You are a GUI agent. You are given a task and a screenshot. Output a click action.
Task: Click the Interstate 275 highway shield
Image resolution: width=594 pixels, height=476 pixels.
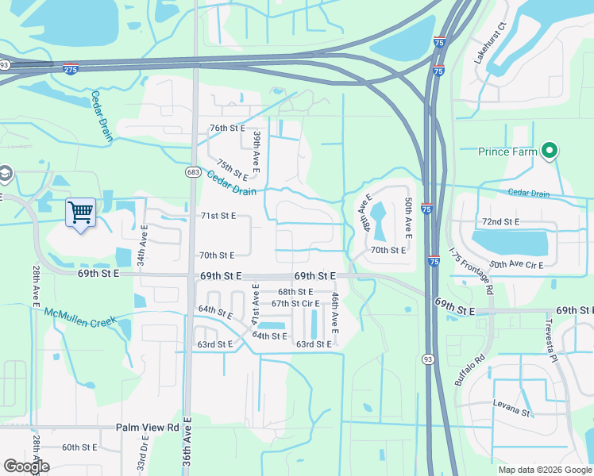(71, 69)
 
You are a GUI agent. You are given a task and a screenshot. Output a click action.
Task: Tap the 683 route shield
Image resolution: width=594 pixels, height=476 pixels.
(192, 172)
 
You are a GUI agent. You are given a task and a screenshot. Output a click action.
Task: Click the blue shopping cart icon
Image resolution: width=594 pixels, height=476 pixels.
(80, 213)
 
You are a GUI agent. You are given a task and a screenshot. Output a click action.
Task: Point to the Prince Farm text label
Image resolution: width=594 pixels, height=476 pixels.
(508, 152)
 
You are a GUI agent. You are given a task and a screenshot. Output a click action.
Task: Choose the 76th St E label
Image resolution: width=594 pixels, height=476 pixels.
(227, 128)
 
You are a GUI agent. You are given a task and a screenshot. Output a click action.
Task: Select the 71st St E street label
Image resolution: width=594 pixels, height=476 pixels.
(217, 215)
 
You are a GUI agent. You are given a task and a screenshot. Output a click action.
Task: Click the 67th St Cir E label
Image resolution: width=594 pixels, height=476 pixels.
(295, 303)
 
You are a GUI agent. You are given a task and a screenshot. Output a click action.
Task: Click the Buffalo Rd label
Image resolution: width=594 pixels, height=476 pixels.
(470, 371)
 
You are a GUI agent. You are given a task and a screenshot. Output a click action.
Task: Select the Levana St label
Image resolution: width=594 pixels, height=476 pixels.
(510, 412)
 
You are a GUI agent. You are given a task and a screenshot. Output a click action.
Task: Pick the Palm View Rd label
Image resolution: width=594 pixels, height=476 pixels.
(148, 427)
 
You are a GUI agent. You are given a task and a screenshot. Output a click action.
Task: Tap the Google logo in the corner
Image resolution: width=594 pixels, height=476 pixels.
(26, 466)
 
